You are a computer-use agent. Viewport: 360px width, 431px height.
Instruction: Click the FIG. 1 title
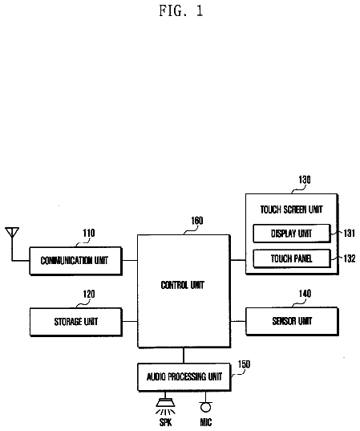(181, 11)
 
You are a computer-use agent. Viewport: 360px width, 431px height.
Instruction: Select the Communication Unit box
(75, 261)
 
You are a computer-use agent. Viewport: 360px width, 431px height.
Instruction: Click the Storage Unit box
(75, 322)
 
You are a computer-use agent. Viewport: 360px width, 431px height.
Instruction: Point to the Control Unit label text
(183, 285)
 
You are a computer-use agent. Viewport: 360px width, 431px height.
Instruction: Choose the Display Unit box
(291, 234)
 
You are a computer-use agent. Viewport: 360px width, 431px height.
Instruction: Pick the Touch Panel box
(291, 258)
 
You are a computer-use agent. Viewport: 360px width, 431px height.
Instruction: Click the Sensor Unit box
(292, 321)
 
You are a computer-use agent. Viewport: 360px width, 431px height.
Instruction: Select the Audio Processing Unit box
(184, 376)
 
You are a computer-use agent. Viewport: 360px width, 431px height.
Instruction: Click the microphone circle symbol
(206, 407)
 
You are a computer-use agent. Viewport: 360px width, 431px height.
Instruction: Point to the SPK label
(166, 422)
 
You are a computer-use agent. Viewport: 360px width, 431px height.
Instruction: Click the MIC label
(206, 422)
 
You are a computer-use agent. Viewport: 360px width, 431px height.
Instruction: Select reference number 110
(89, 233)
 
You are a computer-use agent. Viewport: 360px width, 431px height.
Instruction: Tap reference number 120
(89, 294)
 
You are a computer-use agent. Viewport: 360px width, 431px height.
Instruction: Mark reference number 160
(197, 221)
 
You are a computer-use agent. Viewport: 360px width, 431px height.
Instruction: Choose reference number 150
(244, 364)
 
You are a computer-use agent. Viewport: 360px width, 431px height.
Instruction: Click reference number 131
(350, 233)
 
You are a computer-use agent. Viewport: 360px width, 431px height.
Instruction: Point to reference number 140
(305, 294)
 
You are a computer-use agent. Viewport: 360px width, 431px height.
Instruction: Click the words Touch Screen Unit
(291, 209)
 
